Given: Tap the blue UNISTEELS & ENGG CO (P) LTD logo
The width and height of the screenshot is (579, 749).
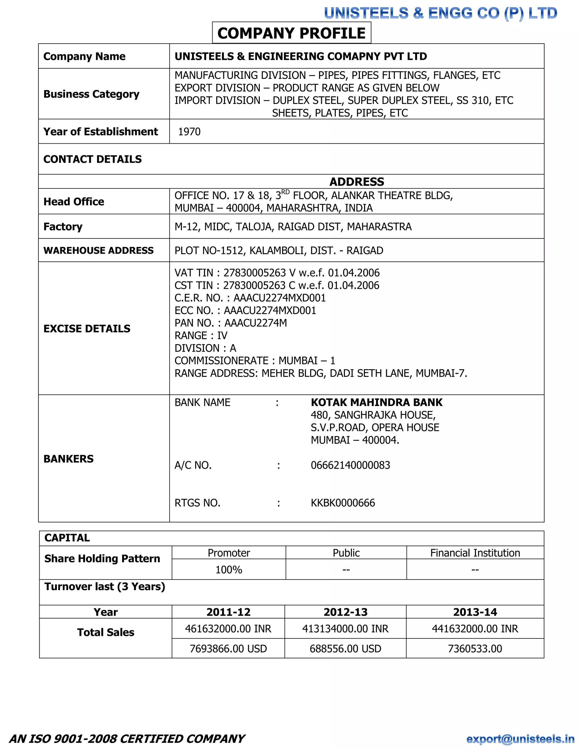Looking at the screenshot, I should [x=440, y=13].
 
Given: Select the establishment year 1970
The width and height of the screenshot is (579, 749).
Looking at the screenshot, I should [x=189, y=132].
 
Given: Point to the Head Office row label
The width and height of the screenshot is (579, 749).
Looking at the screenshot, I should [x=74, y=202].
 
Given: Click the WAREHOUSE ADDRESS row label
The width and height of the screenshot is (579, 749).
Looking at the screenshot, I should [x=98, y=250].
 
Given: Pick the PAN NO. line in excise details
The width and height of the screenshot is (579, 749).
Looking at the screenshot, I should [x=230, y=323].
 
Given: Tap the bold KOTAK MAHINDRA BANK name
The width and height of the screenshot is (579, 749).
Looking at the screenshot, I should [x=376, y=402].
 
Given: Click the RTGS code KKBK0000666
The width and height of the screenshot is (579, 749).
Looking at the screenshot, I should [x=343, y=503].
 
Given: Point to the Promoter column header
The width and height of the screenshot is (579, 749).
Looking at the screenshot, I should [x=229, y=553].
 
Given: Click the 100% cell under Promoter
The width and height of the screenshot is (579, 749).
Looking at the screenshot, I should [x=229, y=570].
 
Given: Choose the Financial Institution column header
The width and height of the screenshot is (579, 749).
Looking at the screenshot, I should [x=475, y=553].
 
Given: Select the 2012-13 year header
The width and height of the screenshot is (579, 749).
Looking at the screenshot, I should [x=345, y=612].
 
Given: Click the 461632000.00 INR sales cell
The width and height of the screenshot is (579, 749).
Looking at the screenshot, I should [x=228, y=629].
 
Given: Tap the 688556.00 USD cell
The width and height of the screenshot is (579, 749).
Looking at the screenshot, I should [x=345, y=648].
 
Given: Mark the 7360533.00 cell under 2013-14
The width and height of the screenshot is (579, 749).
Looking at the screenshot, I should [x=475, y=648].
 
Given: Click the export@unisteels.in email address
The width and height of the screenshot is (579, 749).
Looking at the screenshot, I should [x=520, y=739].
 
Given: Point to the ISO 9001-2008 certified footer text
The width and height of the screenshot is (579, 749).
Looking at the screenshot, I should [x=127, y=739].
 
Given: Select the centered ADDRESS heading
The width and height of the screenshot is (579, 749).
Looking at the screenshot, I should [x=357, y=182].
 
